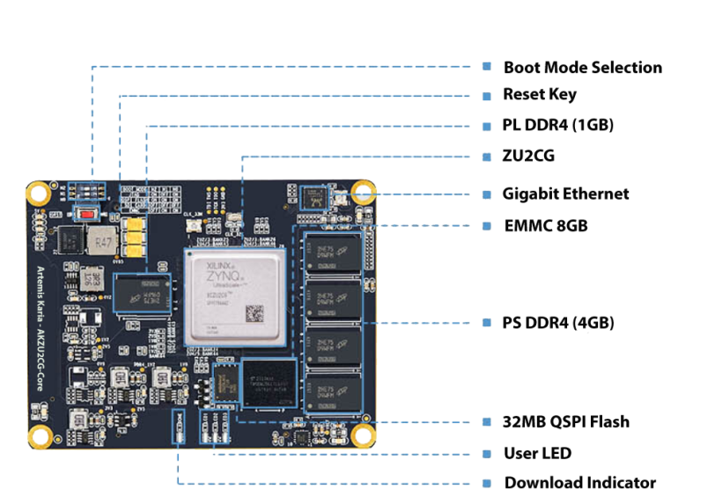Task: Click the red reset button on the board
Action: [88, 214]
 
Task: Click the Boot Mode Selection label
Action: [582, 68]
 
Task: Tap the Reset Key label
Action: [540, 95]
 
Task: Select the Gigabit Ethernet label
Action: [566, 194]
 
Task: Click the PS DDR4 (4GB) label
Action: [559, 323]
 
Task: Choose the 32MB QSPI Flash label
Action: [567, 422]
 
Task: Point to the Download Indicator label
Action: [580, 483]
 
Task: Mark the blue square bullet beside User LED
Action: [487, 454]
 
